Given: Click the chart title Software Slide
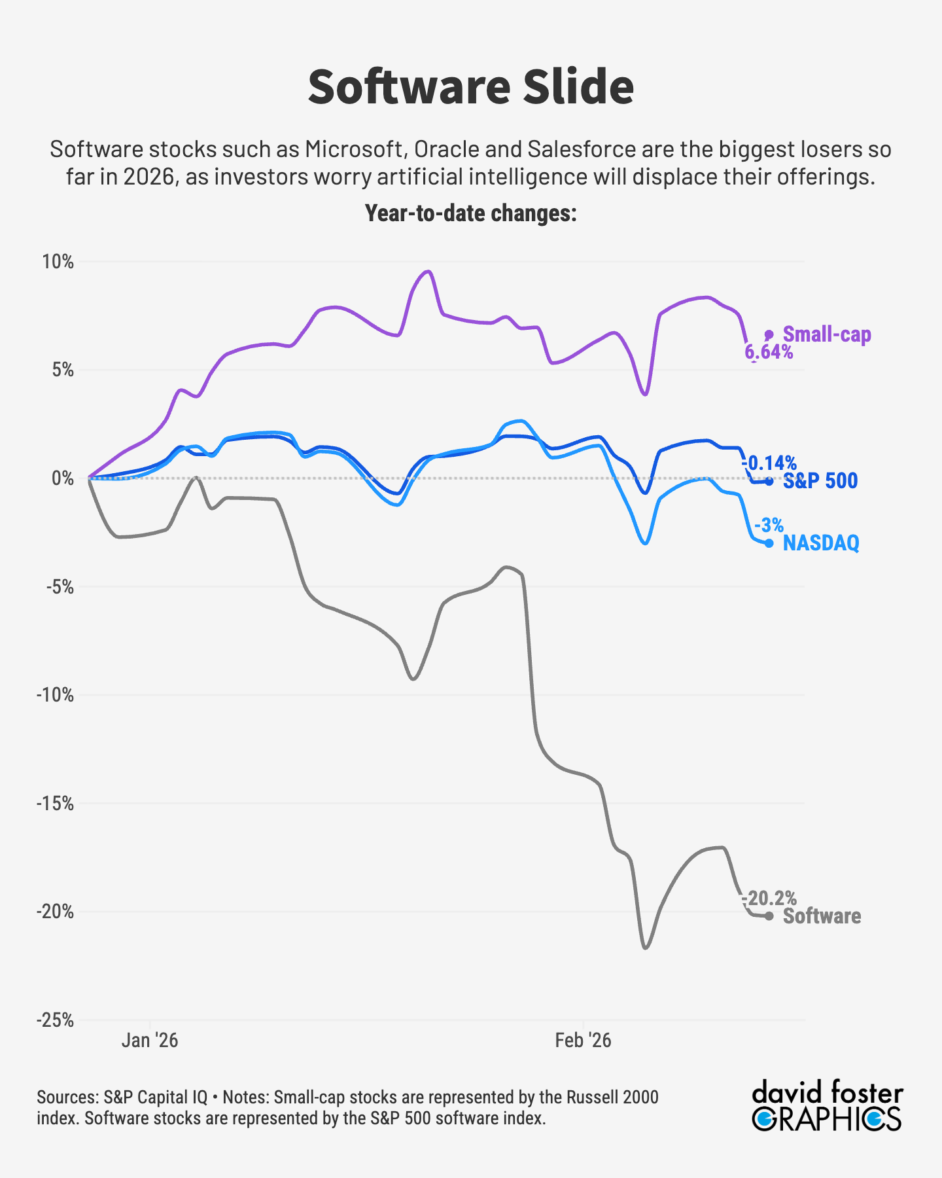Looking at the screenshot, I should [470, 87].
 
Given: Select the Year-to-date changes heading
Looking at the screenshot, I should [470, 213].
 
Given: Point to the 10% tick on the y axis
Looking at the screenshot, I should [58, 262].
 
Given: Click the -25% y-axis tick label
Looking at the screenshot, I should [55, 1020].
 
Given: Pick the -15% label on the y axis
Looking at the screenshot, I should [55, 803].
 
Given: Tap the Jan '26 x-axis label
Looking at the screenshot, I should [150, 1040].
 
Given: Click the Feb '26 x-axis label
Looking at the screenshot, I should [583, 1040].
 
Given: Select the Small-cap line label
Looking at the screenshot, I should [827, 334].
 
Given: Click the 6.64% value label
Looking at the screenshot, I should [769, 353].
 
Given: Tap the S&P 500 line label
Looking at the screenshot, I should [820, 481].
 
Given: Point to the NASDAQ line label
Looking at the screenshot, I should [821, 543].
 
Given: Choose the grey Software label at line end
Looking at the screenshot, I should [822, 916].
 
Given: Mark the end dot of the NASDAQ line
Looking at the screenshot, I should [769, 543].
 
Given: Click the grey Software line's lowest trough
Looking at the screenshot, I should [646, 948].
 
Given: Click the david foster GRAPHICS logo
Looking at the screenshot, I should [827, 1107].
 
